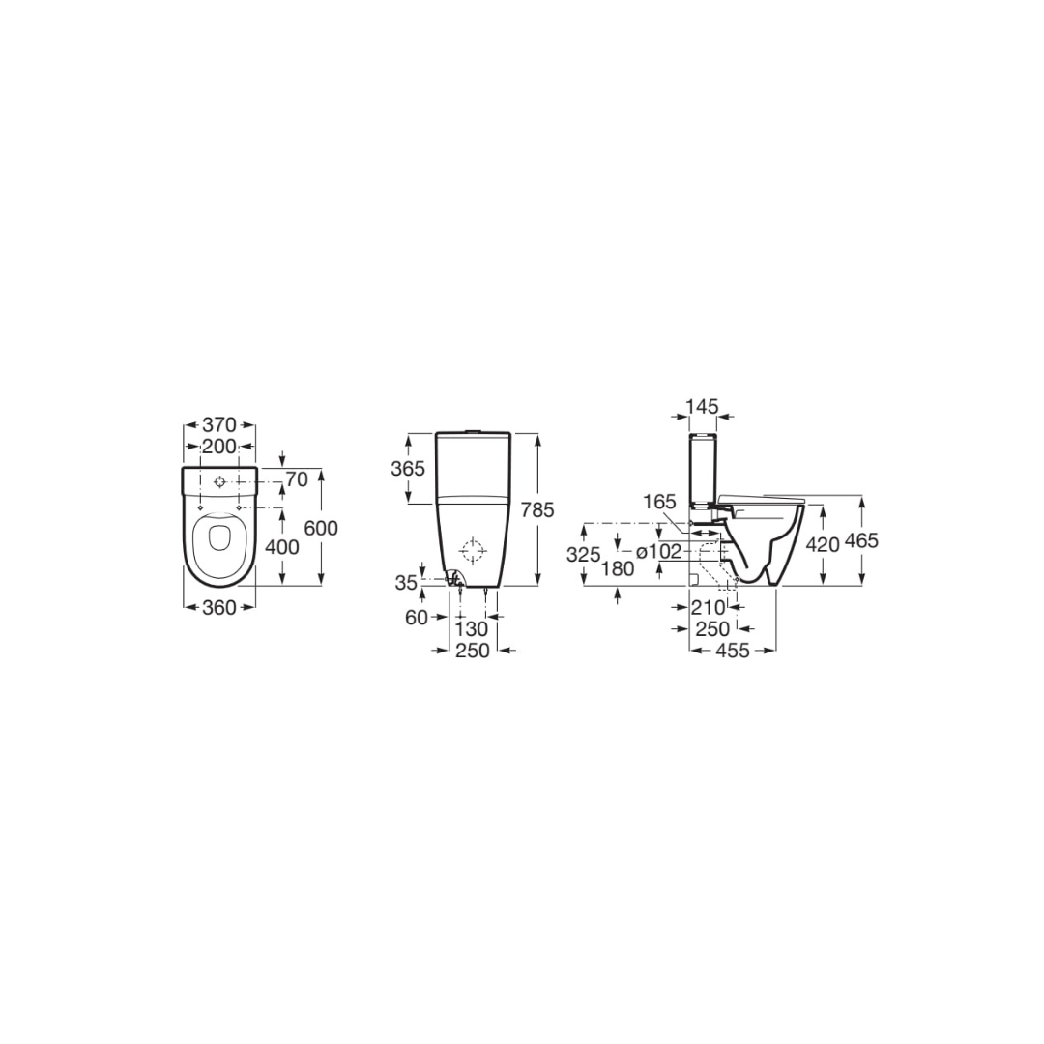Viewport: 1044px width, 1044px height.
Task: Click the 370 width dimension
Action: pyautogui.click(x=219, y=424)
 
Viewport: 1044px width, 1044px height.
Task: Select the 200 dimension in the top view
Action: pyautogui.click(x=219, y=446)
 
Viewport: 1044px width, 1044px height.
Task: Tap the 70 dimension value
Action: pyautogui.click(x=297, y=478)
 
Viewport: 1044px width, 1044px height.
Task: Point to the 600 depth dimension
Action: pyautogui.click(x=321, y=528)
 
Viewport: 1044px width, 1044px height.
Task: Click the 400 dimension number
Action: pyautogui.click(x=282, y=546)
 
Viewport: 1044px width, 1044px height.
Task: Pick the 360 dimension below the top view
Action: pyautogui.click(x=219, y=607)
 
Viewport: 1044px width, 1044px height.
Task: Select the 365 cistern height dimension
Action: pyautogui.click(x=408, y=469)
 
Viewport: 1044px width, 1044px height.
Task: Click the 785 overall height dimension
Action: pyautogui.click(x=537, y=509)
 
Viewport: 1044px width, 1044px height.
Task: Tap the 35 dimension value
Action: pyautogui.click(x=406, y=583)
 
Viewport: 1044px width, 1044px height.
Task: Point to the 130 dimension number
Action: pyautogui.click(x=472, y=628)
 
